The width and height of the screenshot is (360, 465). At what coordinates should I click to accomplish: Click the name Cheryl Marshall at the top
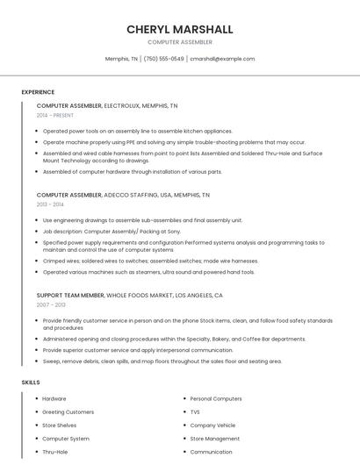coord(179,29)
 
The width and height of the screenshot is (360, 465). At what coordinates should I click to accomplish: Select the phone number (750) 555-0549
coord(163,59)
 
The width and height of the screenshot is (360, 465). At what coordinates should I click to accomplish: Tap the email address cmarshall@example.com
coord(222,59)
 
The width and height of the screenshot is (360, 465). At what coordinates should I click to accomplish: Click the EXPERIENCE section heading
coord(38,92)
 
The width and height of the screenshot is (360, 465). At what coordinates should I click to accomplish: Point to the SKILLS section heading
coord(31,383)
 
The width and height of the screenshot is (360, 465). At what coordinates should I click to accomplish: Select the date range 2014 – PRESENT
coord(55,115)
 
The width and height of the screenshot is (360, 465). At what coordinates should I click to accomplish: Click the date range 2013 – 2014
coord(50,204)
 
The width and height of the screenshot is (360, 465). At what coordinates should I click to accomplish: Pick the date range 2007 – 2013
coord(50,305)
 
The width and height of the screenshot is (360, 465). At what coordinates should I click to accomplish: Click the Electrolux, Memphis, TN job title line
coord(107,105)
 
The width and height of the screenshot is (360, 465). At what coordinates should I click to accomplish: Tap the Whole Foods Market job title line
coord(130,296)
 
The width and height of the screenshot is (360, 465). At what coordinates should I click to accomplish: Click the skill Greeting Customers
coord(68,411)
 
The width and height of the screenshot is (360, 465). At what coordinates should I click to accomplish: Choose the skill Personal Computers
coord(216,398)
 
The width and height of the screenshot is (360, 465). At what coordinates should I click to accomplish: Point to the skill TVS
coord(195,411)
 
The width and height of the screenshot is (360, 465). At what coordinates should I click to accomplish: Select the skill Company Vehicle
coord(212,425)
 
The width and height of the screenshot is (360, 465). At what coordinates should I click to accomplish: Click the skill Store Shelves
coord(60,425)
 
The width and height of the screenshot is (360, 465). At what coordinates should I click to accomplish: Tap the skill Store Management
coord(214,439)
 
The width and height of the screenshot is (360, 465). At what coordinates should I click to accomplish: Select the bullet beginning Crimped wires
coord(150,261)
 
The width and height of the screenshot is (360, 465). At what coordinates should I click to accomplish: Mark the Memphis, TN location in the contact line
coord(121,59)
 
